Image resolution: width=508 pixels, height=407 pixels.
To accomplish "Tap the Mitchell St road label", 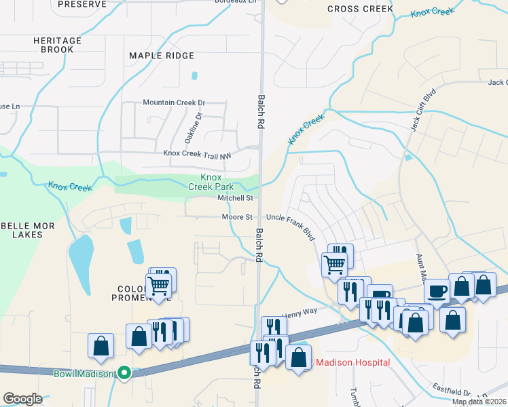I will click(235, 198).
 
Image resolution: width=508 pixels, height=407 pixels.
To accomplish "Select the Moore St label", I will click(237, 217).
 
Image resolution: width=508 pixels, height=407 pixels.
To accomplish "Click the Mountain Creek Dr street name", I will click(173, 102).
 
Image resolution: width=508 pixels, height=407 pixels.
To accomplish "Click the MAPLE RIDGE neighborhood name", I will click(162, 56).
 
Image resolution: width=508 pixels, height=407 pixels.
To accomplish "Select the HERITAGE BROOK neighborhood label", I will click(57, 45).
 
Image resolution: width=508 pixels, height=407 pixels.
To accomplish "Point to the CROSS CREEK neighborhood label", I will click(360, 9).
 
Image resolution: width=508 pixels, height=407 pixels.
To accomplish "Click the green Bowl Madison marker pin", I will click(124, 372).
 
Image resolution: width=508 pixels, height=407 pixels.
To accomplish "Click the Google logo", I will click(22, 398).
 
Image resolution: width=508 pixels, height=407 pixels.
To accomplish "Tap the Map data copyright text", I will click(479, 402).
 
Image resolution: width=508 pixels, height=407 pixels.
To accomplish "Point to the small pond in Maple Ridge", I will click(194, 76).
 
